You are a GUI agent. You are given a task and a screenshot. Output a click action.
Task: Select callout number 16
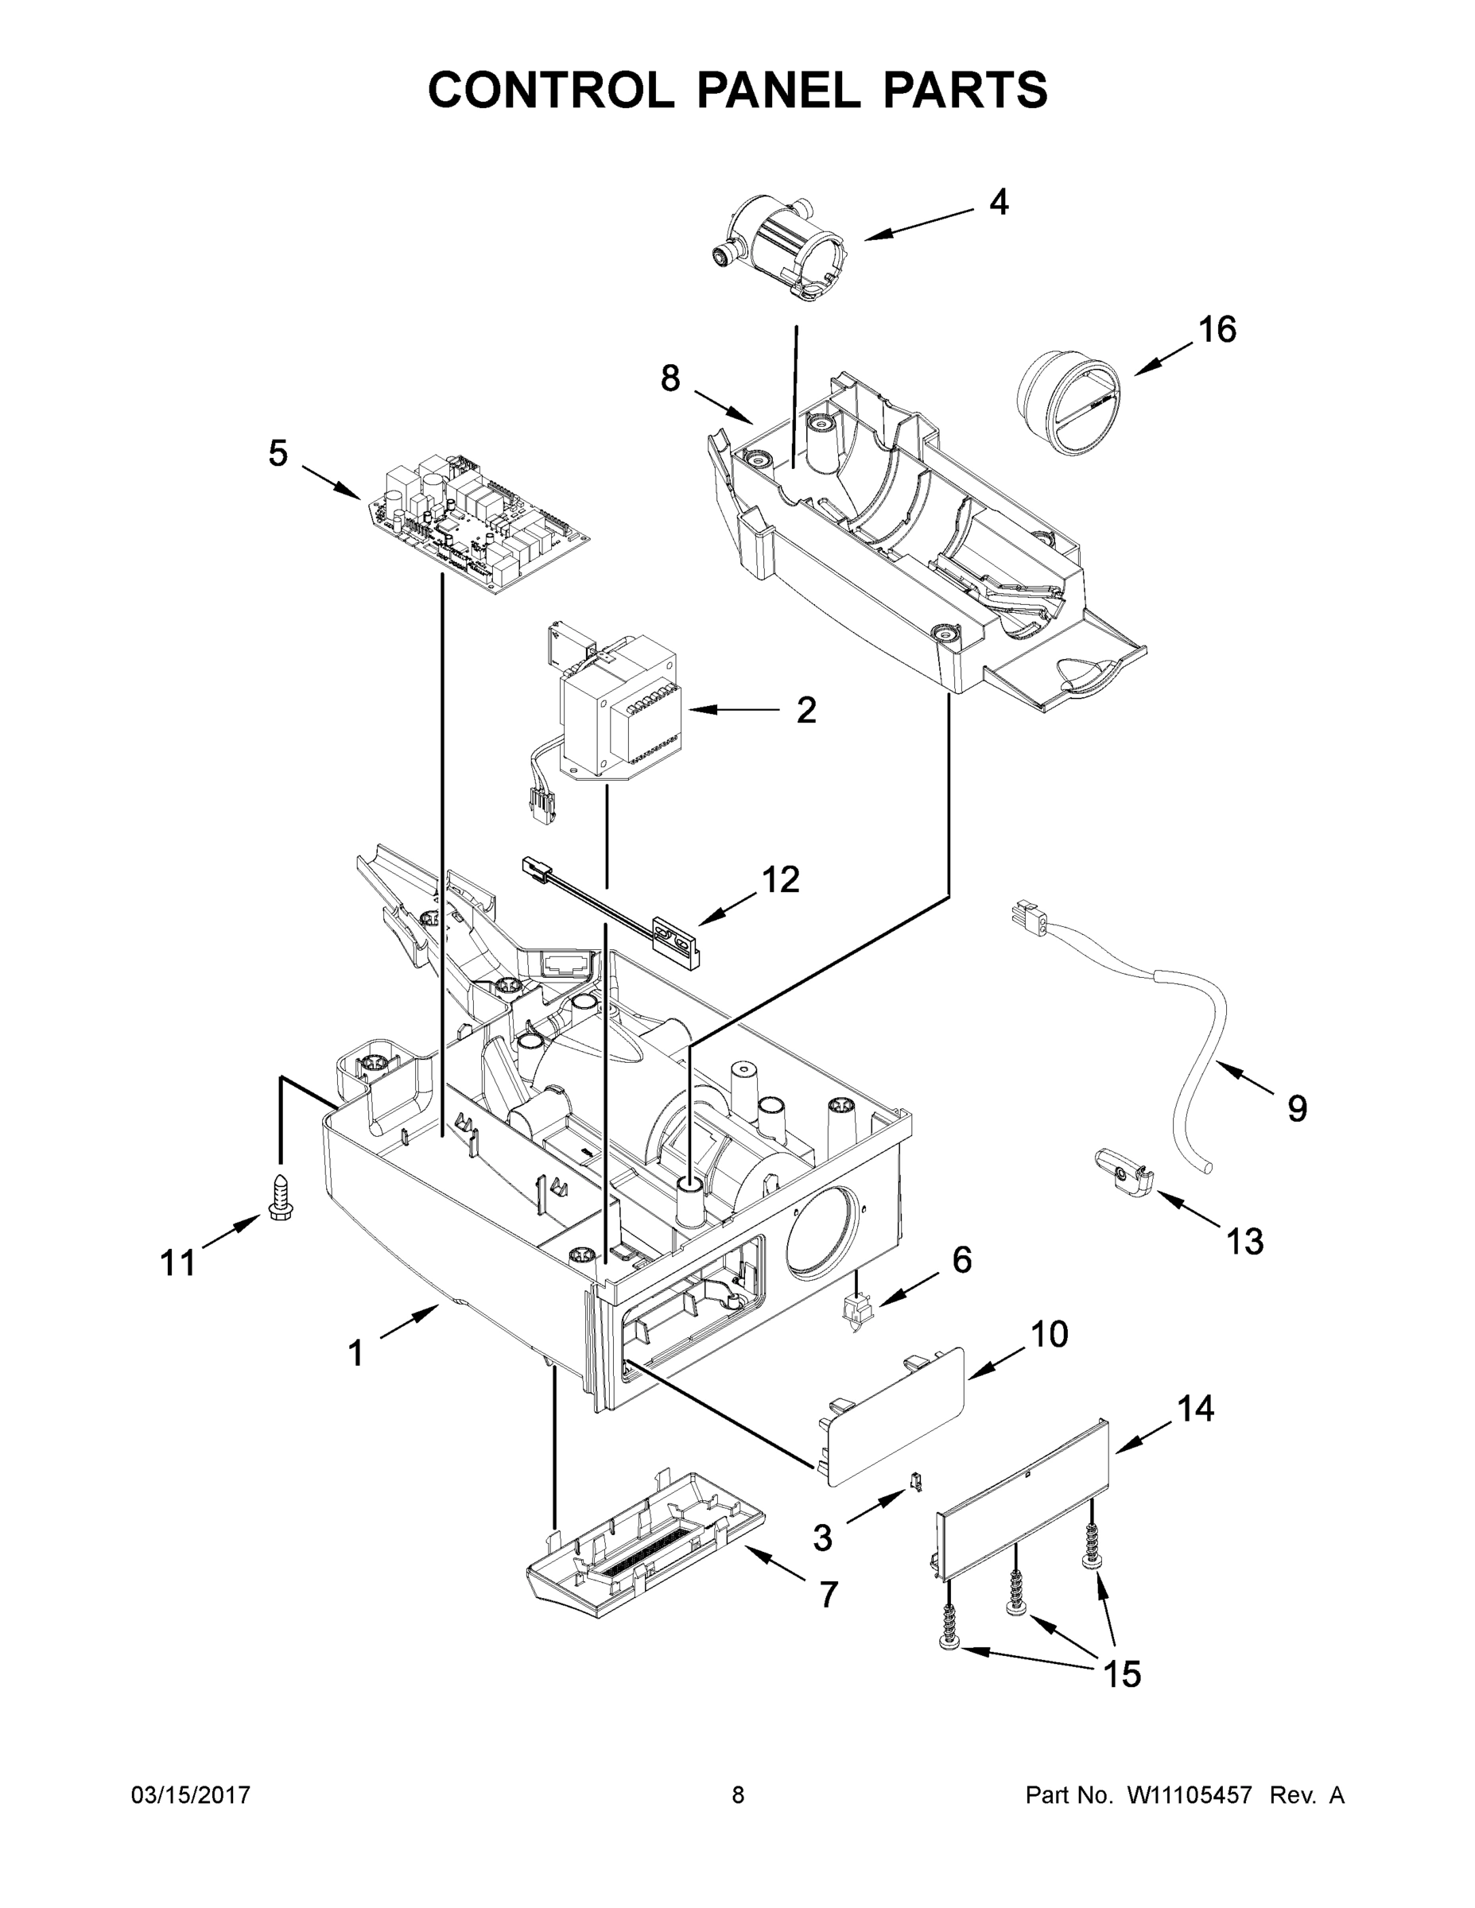(1217, 330)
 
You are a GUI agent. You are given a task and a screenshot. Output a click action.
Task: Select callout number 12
(780, 880)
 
